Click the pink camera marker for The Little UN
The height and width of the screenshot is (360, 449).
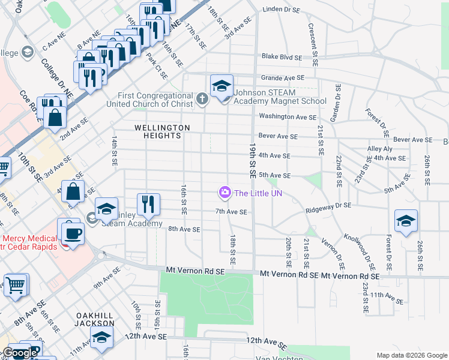pos(225,193)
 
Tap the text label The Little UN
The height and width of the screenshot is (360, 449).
pos(258,193)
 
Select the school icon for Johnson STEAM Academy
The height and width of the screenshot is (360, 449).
pos(221,87)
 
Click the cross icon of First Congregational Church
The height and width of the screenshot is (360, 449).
pos(203,98)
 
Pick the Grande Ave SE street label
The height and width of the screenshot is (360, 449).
pos(283,78)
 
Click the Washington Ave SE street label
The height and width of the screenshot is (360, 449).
pos(287,117)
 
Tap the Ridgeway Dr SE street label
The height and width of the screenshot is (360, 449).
pos(328,205)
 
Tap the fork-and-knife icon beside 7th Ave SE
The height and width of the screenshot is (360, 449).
pos(148,205)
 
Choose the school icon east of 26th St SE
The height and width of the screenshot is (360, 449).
pos(406,221)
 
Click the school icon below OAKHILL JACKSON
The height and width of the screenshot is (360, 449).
pos(101,338)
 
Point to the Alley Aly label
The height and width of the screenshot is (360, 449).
pos(379,148)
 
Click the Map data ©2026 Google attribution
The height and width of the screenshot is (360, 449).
pos(411,355)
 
